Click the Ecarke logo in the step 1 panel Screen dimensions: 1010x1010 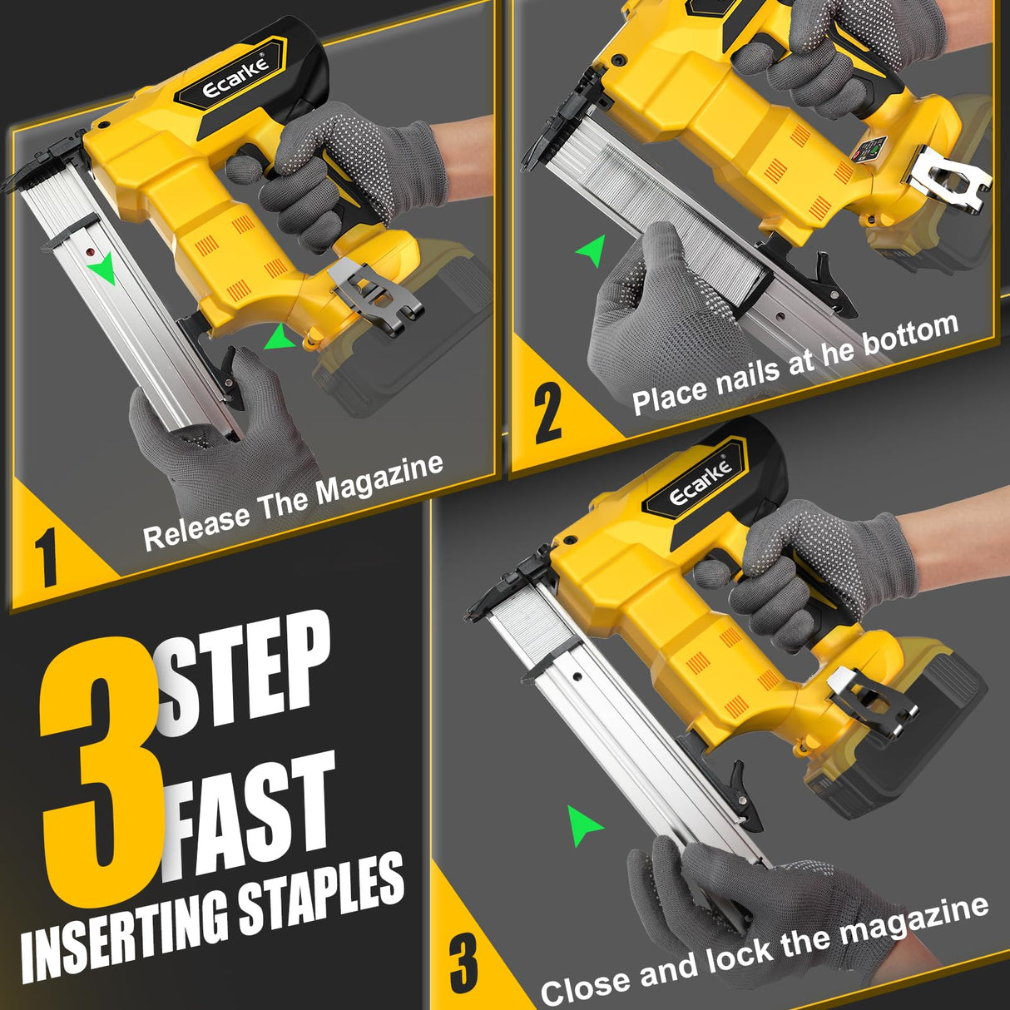click(x=235, y=79)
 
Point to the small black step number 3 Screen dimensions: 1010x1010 click(x=463, y=963)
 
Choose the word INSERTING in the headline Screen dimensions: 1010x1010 click(x=125, y=936)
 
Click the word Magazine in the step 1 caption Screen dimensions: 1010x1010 click(x=379, y=483)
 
